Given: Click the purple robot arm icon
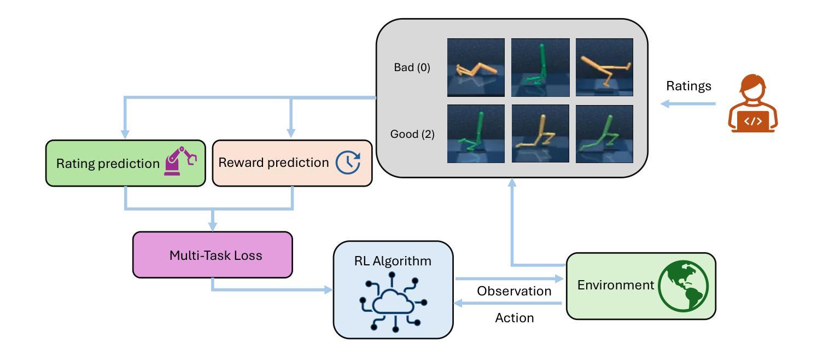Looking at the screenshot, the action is point(180,161).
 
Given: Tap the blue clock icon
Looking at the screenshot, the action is point(348,162).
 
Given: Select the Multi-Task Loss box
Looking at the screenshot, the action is point(213,255).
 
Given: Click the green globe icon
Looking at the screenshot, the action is point(683,286).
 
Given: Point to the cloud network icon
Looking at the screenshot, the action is point(393,302).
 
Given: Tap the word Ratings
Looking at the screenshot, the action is point(688,86).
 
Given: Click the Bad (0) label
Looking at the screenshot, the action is point(412,67).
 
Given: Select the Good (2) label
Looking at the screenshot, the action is point(412,133).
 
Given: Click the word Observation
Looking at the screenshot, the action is point(514,291).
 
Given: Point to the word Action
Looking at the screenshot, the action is point(515,318).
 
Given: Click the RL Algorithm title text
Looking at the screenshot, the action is point(393,261).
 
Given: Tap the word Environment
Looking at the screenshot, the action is point(615,285).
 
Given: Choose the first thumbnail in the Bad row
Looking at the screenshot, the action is point(476,67).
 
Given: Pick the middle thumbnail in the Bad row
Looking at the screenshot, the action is point(540,67).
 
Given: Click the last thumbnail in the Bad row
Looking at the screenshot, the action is point(604,67).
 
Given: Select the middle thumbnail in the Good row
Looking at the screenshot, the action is point(540,133).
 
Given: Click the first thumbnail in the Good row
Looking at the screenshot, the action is point(476,133).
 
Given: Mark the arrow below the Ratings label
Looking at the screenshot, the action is point(688,104).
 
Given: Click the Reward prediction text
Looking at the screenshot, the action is point(273,162).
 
